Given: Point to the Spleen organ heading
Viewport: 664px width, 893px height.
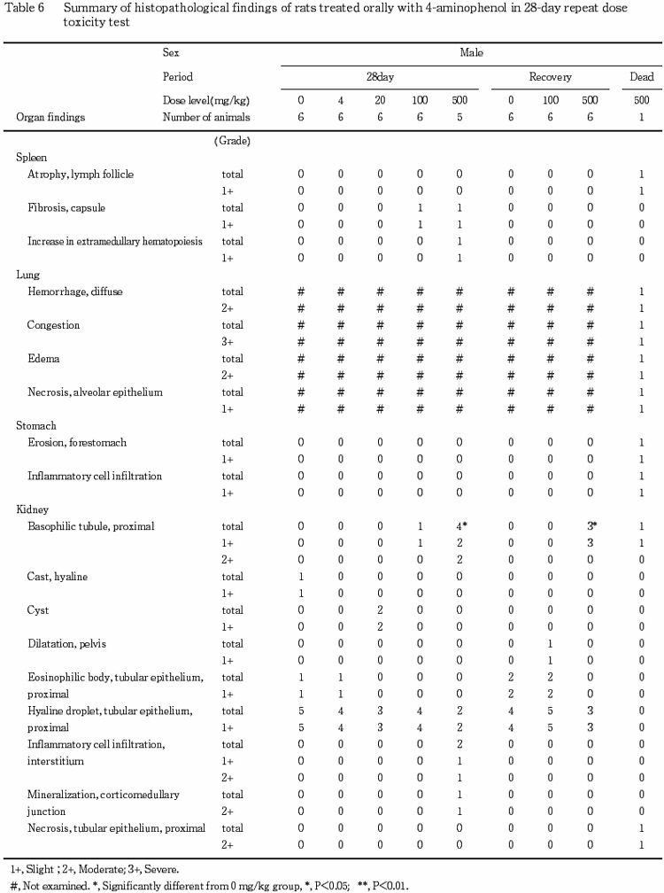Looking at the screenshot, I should point(31,157).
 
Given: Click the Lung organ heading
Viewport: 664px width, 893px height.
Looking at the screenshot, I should point(27,275).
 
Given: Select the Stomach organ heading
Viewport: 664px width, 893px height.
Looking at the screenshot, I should point(36,426).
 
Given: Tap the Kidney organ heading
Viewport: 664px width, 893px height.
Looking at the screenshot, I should point(32,510).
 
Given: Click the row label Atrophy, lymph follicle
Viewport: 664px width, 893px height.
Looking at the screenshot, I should point(81,175).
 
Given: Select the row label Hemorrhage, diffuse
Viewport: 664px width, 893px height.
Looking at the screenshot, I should point(75,291).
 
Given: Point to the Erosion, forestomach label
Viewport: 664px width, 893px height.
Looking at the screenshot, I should point(73,443).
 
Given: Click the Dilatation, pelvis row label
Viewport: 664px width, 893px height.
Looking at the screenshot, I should point(67,645).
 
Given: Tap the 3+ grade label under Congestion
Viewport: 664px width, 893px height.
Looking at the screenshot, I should point(228,342).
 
